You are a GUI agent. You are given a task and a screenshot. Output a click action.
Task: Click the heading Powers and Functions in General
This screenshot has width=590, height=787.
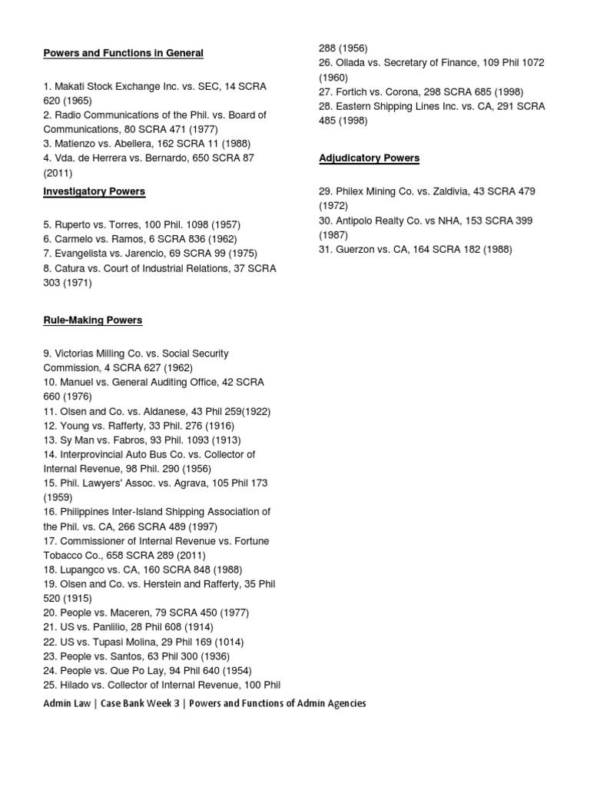pos(123,53)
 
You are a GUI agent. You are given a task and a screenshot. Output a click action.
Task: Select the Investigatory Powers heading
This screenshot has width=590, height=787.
pos(94,191)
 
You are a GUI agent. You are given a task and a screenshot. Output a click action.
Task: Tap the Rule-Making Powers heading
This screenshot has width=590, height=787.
pos(92,320)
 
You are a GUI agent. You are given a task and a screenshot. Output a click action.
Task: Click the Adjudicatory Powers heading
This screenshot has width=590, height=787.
pos(370,158)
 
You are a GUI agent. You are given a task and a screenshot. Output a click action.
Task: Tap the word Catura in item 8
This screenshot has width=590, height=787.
pos(70,268)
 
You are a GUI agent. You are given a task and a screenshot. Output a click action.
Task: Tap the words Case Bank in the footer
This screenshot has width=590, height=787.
pos(121,703)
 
